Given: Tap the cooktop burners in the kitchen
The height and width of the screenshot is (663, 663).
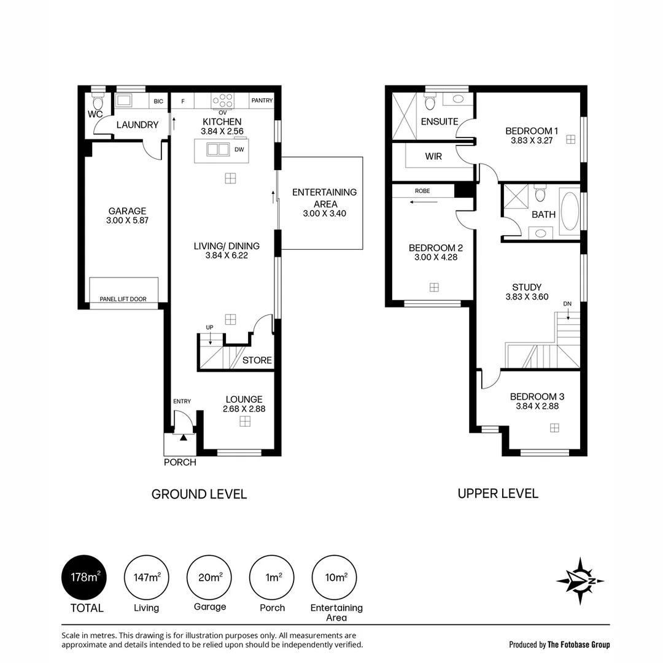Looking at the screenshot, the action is pyautogui.click(x=223, y=101).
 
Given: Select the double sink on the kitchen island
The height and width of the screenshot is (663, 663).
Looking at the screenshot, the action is pyautogui.click(x=218, y=149).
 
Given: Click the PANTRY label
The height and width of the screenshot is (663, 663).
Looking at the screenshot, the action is pyautogui.click(x=262, y=100).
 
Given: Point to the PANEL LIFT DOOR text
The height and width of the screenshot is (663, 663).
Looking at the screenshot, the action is pyautogui.click(x=123, y=299).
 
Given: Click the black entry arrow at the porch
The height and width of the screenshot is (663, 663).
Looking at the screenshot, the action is pyautogui.click(x=183, y=438).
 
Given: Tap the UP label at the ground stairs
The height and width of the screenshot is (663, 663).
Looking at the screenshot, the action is pyautogui.click(x=209, y=327).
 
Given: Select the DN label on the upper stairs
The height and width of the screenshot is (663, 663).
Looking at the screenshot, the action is pyautogui.click(x=567, y=304).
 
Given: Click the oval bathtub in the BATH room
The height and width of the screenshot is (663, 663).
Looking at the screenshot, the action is pyautogui.click(x=570, y=211).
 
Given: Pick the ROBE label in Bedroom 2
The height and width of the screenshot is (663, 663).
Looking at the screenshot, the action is pyautogui.click(x=422, y=191).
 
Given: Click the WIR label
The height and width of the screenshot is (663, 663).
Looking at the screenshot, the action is pyautogui.click(x=433, y=157).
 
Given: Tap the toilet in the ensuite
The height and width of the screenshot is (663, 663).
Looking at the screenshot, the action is pyautogui.click(x=430, y=103).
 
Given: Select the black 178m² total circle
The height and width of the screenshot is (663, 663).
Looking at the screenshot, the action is pyautogui.click(x=83, y=577).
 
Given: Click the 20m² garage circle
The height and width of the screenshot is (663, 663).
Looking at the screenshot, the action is pyautogui.click(x=209, y=577).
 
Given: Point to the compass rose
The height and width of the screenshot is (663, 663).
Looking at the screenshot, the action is pyautogui.click(x=580, y=581).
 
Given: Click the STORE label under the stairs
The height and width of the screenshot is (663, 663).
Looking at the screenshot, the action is pyautogui.click(x=257, y=360).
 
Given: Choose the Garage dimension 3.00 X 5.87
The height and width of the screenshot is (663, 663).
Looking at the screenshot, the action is pyautogui.click(x=127, y=220).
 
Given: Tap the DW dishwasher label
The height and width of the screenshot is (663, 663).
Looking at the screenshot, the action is pyautogui.click(x=239, y=149).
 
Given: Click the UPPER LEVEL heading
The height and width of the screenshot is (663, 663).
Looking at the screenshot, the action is pyautogui.click(x=498, y=494).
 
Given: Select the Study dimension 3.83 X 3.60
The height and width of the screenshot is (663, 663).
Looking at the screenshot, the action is pyautogui.click(x=527, y=297).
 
